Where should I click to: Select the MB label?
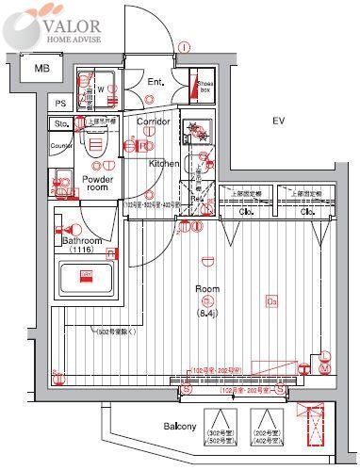pyautogui.click(x=42, y=69)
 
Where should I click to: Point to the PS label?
pyautogui.click(x=60, y=104)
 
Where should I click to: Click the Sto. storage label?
pyautogui.click(x=63, y=123)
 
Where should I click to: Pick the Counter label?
pyautogui.click(x=62, y=146)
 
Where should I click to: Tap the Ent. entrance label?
pyautogui.click(x=155, y=82)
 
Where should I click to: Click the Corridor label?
pyautogui.click(x=154, y=122)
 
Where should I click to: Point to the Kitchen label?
pyautogui.click(x=163, y=163)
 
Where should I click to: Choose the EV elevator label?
pyautogui.click(x=278, y=122)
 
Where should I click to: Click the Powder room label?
pyautogui.click(x=98, y=183)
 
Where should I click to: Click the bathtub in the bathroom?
pyautogui.click(x=86, y=280)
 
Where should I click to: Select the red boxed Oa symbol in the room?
pyautogui.click(x=271, y=301)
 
